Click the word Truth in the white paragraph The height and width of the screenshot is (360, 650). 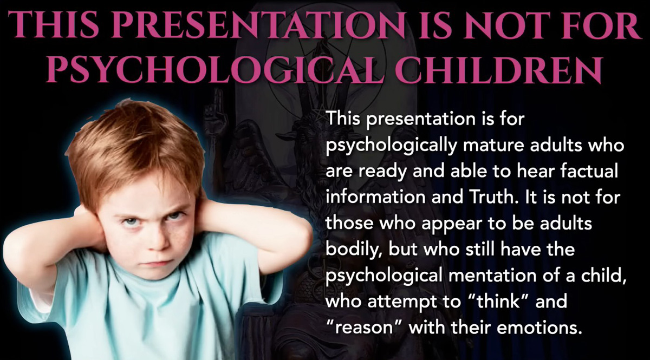(493, 197)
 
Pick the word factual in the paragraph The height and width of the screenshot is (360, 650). (589, 171)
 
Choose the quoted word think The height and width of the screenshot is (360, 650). (498, 302)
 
